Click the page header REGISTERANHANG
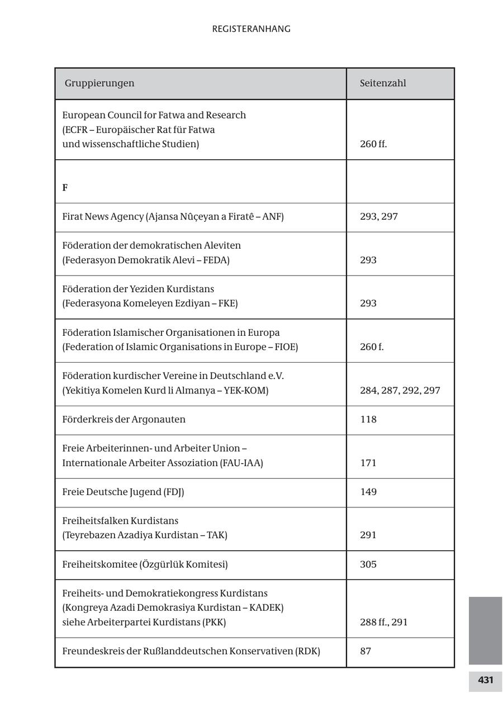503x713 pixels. [x=251, y=29]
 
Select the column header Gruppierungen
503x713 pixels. [x=99, y=83]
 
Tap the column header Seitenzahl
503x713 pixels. [x=383, y=83]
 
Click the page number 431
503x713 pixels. [x=485, y=680]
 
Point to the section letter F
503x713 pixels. [x=65, y=188]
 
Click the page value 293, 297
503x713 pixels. [x=378, y=216]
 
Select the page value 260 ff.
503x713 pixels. [x=373, y=144]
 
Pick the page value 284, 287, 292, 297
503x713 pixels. [x=400, y=391]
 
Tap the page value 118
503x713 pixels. [x=368, y=420]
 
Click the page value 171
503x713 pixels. [x=368, y=463]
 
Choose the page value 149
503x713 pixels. [x=368, y=492]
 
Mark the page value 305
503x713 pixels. [x=368, y=564]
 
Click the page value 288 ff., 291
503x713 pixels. [x=383, y=622]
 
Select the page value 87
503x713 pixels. [x=366, y=652]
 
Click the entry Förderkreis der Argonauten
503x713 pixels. [x=124, y=420]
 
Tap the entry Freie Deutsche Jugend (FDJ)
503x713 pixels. [x=123, y=492]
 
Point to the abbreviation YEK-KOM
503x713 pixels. [x=245, y=391]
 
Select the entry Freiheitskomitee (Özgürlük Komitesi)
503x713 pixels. [x=145, y=564]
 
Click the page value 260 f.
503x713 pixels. [x=372, y=347]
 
